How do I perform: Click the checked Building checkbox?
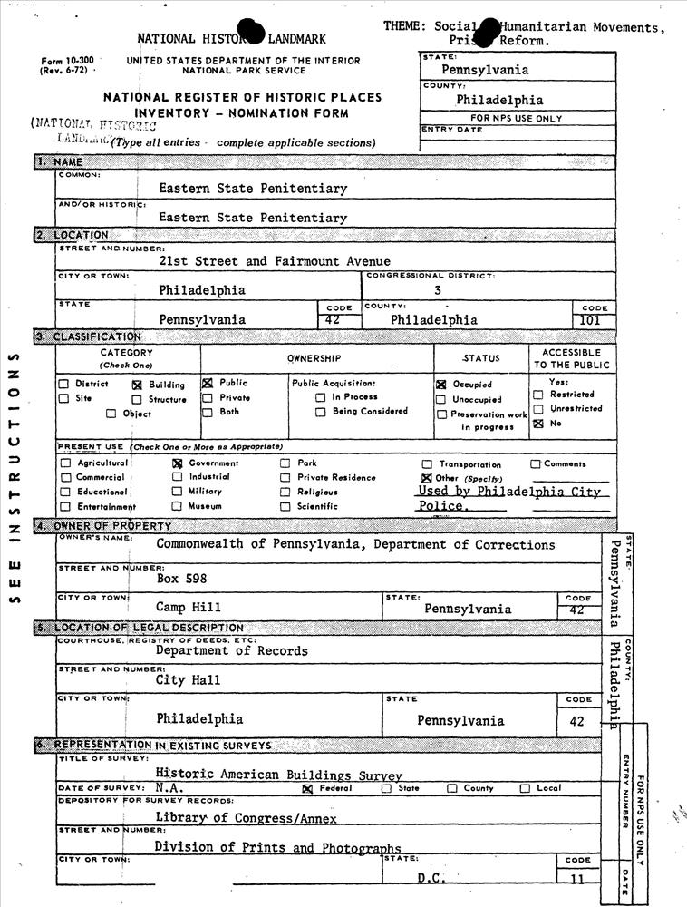(x=139, y=385)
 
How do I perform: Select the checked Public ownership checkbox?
(x=208, y=383)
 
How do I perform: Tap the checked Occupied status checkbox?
(x=441, y=385)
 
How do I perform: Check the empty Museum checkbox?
(x=178, y=506)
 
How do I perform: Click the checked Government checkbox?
(x=178, y=463)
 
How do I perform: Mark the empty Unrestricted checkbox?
(x=538, y=409)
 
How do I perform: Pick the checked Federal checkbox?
(x=306, y=789)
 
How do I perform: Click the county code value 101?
(x=595, y=320)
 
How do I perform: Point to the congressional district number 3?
(x=438, y=290)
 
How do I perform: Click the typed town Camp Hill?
(x=188, y=607)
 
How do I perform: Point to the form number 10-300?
(x=65, y=61)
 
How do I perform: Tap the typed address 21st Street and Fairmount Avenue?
(x=275, y=261)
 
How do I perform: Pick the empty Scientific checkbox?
(x=285, y=506)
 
